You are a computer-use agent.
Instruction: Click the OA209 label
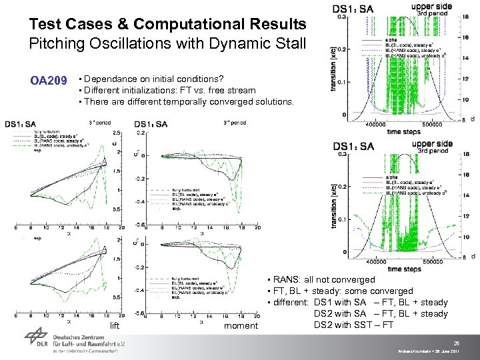point(49,81)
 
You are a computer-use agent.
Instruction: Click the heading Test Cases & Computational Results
point(167,25)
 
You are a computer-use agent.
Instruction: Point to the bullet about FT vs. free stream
point(167,90)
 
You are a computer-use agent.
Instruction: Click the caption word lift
point(115,325)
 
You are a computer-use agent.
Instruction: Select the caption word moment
point(241,325)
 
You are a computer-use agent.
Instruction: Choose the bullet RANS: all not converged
point(321,280)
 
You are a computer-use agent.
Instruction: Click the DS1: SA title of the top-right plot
point(353,8)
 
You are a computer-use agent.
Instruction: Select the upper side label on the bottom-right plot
point(431,144)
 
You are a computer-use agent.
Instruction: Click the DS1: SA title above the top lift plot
point(21,124)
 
